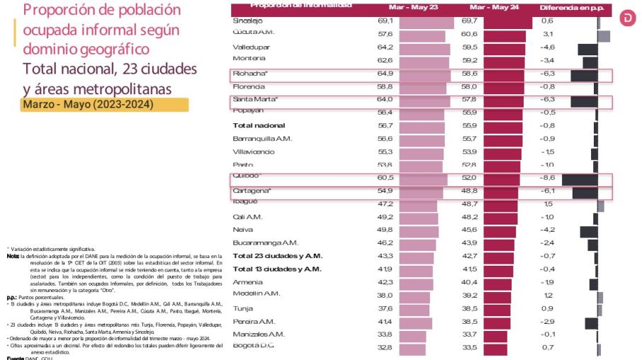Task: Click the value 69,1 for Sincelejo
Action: (386, 21)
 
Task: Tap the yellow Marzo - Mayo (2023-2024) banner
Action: (105, 104)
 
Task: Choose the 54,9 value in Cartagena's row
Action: (386, 191)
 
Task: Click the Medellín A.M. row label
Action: (257, 294)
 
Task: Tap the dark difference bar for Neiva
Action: (588, 230)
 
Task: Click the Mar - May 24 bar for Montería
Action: (504, 60)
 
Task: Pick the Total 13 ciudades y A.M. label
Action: (277, 269)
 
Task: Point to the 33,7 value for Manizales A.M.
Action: (470, 334)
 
